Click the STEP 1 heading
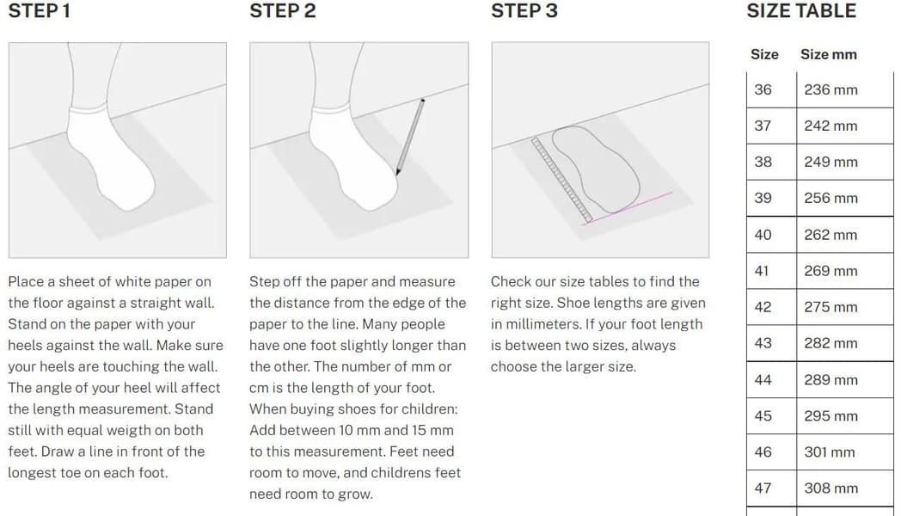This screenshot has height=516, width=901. pyautogui.click(x=39, y=11)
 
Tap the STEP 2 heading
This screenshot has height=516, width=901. pyautogui.click(x=283, y=11)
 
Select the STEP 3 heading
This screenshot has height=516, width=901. pyautogui.click(x=524, y=11)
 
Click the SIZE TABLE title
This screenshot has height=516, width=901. pyautogui.click(x=801, y=11)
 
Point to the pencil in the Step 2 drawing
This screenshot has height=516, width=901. pyautogui.click(x=410, y=137)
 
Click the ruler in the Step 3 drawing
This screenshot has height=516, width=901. pyautogui.click(x=562, y=180)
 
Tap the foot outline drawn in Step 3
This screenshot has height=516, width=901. pyautogui.click(x=596, y=169)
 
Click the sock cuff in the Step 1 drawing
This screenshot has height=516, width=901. pyautogui.click(x=88, y=109)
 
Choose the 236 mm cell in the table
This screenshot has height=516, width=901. pyautogui.click(x=831, y=89)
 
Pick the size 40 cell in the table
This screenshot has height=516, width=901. pyautogui.click(x=763, y=235)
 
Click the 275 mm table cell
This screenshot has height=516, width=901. pyautogui.click(x=831, y=307)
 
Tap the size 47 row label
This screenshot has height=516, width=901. pyautogui.click(x=763, y=488)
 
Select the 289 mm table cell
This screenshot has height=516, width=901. pyautogui.click(x=831, y=380)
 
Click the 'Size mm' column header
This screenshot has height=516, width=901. pyautogui.click(x=829, y=54)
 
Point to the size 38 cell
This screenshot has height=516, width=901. pyautogui.click(x=763, y=162)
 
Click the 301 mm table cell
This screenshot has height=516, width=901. pyautogui.click(x=830, y=452)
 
